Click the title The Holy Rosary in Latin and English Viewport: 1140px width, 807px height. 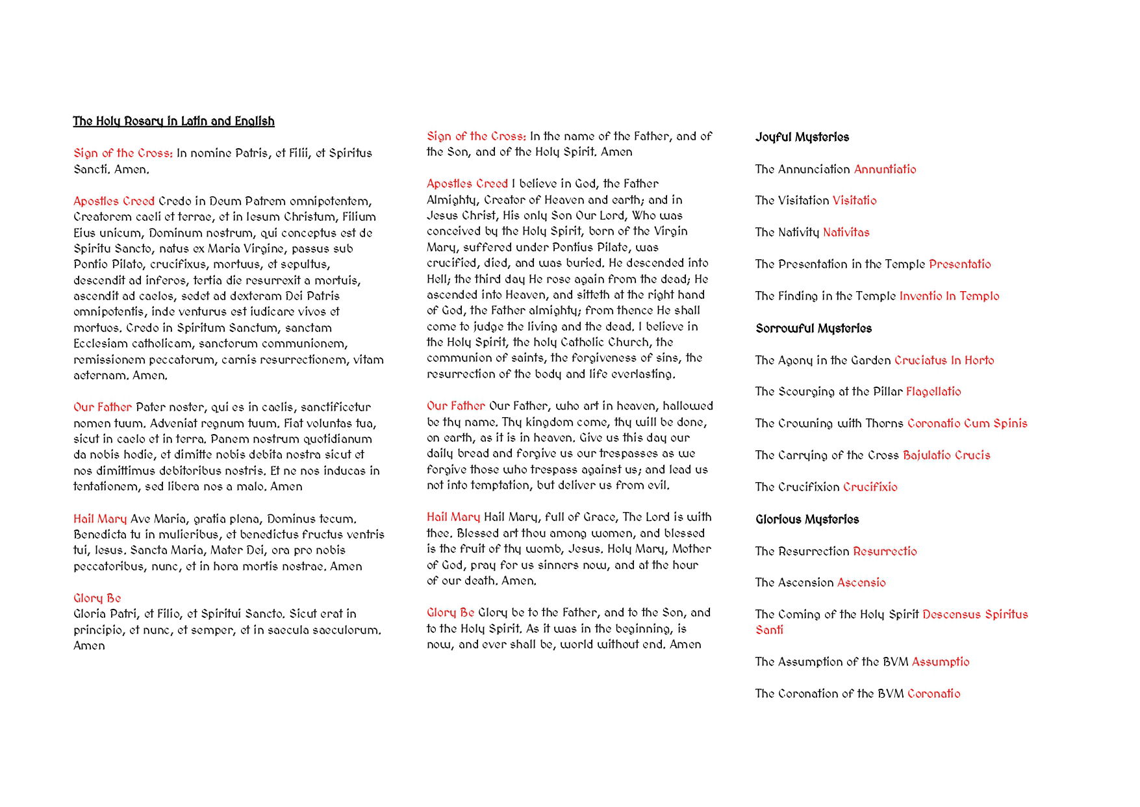173,122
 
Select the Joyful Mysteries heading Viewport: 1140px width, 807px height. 802,137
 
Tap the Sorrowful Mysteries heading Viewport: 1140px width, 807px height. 813,328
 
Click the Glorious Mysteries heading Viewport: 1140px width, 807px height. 807,519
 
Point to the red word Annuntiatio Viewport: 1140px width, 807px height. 885,169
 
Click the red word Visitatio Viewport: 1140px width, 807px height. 854,200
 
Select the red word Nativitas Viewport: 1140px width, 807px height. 846,232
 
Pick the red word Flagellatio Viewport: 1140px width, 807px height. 933,391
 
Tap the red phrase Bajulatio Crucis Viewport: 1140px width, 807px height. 946,455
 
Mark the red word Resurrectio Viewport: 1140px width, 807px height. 885,551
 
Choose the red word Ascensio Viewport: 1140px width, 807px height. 861,582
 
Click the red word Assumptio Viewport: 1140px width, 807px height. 940,661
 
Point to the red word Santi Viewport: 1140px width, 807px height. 769,630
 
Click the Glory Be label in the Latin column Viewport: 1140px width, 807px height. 97,598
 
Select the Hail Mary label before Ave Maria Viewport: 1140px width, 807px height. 99,519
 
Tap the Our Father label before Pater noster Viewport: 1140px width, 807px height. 102,407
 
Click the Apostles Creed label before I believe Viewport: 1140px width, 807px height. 467,184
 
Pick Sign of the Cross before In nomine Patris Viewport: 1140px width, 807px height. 123,153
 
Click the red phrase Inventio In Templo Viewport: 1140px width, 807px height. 949,296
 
